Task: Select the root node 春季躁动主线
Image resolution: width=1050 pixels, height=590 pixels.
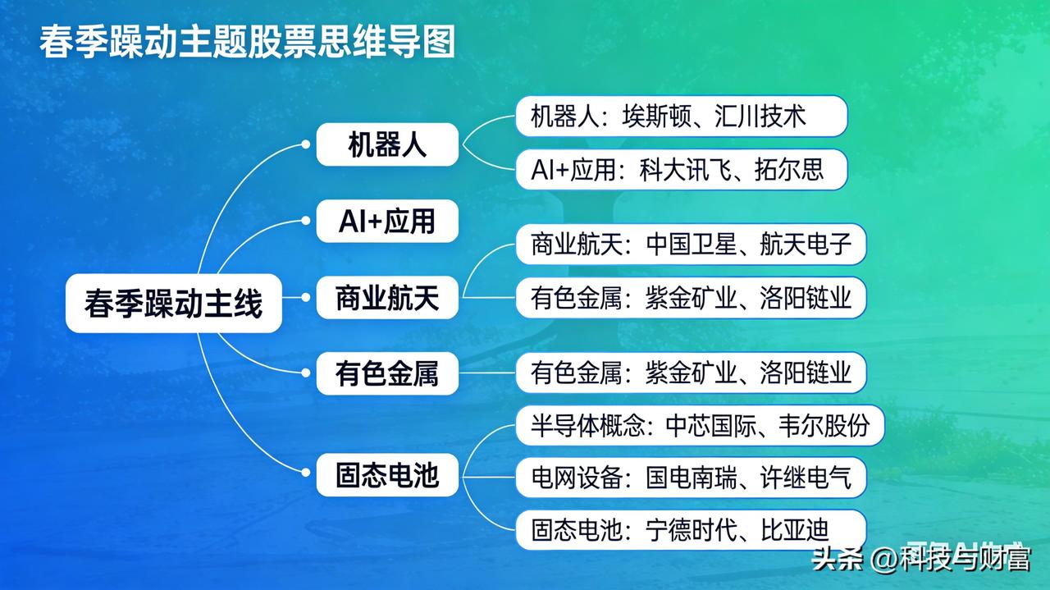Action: [173, 304]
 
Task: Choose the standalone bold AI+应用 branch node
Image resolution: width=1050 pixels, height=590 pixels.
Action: [387, 222]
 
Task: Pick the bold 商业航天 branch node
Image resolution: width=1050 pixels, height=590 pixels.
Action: [387, 297]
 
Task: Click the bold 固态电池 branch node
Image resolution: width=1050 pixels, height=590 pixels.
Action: [387, 475]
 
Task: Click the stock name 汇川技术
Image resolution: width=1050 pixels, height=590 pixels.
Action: [772, 117]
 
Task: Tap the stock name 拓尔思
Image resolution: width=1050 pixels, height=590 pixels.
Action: [788, 170]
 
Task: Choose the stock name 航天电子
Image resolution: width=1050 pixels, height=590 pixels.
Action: [806, 245]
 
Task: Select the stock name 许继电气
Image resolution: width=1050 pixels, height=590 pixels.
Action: [806, 478]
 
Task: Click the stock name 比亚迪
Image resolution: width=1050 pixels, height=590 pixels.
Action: [794, 530]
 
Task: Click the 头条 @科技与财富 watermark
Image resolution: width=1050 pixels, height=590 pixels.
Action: [920, 560]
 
